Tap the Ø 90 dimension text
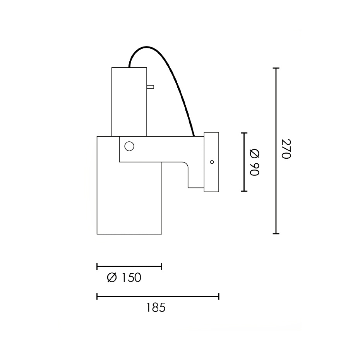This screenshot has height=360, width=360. (x=254, y=162)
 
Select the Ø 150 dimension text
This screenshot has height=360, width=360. (x=124, y=278)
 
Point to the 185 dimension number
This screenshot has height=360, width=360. (x=156, y=308)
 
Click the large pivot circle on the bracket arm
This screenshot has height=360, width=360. (x=129, y=146)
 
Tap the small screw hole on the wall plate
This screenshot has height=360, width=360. (x=212, y=162)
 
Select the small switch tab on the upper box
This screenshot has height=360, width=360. (x=150, y=87)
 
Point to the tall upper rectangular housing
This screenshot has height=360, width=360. (x=129, y=102)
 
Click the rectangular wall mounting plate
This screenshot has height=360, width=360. (x=211, y=162)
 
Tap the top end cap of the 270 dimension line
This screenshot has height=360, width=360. (x=276, y=68)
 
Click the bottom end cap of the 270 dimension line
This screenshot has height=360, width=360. (x=276, y=234)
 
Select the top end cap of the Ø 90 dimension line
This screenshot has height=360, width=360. (x=243, y=133)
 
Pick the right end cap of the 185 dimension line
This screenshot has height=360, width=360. (x=219, y=297)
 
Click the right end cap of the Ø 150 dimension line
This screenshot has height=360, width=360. (x=161, y=266)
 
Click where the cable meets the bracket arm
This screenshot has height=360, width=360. (x=193, y=136)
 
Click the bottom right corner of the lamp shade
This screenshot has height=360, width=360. (x=161, y=234)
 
